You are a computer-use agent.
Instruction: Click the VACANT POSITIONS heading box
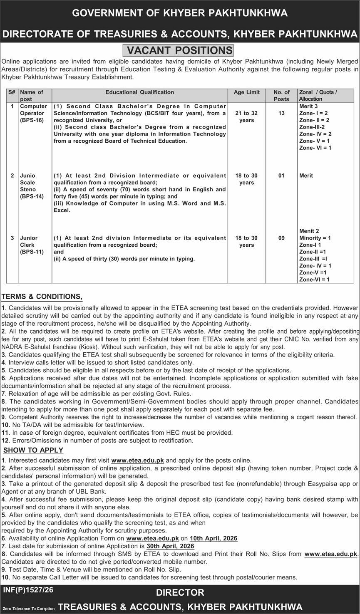point(179,51)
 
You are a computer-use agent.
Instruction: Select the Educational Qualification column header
point(140,92)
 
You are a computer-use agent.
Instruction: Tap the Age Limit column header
point(247,92)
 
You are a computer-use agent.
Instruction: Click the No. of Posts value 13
point(282,113)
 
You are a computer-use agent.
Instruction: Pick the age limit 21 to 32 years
point(247,116)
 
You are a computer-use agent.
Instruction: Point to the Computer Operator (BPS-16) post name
point(33,113)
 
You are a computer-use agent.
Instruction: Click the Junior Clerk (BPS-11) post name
point(32,245)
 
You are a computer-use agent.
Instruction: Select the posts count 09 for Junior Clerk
point(282,238)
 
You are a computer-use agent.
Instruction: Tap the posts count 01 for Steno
point(282,176)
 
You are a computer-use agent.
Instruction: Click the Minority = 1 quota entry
point(315,238)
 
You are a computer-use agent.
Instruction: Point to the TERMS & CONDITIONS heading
point(42,297)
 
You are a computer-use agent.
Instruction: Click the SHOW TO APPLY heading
point(33,450)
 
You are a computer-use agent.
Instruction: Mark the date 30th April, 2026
point(170,546)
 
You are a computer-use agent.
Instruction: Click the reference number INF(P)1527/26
point(28,590)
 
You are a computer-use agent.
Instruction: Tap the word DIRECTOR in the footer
point(180,593)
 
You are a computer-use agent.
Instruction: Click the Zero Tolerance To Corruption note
point(28,608)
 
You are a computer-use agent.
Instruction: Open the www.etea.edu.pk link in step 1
point(138,460)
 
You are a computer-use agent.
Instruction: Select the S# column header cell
point(12,92)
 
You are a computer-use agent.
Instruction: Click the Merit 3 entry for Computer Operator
point(308,106)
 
